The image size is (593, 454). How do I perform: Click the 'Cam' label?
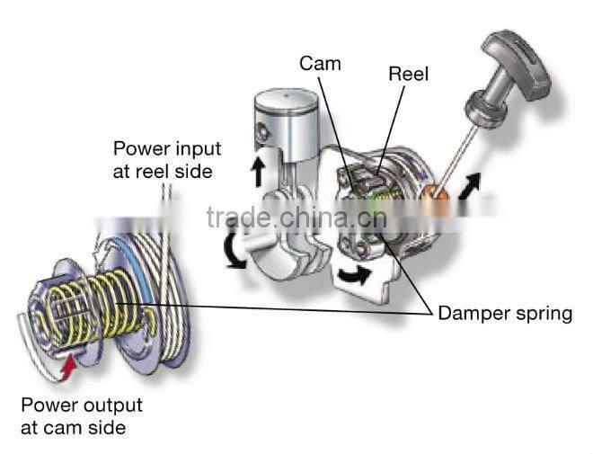pyautogui.click(x=320, y=64)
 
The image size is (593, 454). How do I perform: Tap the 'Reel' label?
pyautogui.click(x=409, y=74)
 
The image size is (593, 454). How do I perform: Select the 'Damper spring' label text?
pyautogui.click(x=505, y=313)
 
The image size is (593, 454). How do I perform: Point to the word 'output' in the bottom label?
pyautogui.click(x=112, y=405)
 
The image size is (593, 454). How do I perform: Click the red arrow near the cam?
pyautogui.click(x=68, y=367)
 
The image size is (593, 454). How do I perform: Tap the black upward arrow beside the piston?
pyautogui.click(x=258, y=172)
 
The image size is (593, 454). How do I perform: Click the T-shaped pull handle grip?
pyautogui.click(x=518, y=65)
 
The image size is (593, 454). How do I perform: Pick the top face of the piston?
pyautogui.click(x=286, y=99)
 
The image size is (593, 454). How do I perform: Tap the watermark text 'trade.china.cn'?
pyautogui.click(x=296, y=218)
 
